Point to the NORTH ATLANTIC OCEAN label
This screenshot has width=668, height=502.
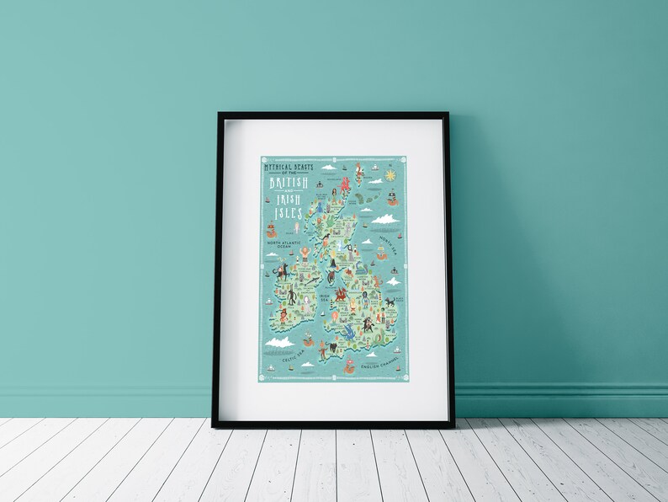pos(284,244)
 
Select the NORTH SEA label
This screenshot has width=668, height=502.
pos(385,243)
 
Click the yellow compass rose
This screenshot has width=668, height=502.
pos(390,176)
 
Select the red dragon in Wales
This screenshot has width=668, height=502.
pos(342,295)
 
